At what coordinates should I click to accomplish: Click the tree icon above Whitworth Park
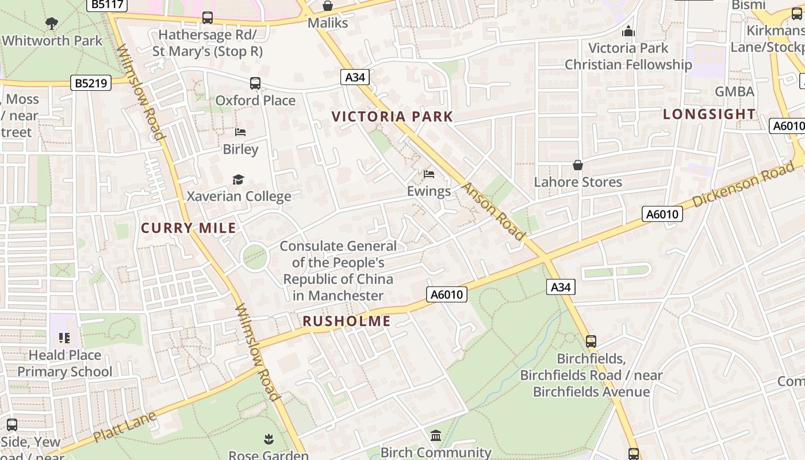click(x=52, y=23)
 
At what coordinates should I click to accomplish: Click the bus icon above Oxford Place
click(x=255, y=83)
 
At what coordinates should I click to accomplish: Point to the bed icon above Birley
click(x=240, y=132)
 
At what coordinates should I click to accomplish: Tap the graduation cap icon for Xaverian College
click(x=238, y=180)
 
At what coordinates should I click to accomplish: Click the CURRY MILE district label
click(x=189, y=228)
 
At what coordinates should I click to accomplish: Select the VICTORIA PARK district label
click(x=392, y=117)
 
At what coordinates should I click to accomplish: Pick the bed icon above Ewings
click(x=429, y=174)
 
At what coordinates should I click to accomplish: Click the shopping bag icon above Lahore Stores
click(x=578, y=166)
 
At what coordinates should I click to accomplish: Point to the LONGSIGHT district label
click(x=709, y=114)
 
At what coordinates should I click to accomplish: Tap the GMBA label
click(x=734, y=92)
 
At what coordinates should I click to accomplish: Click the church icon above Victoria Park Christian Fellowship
click(x=628, y=31)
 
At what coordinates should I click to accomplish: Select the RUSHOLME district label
click(x=346, y=321)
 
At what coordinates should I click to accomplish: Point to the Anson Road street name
click(x=493, y=212)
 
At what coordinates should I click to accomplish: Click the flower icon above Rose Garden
click(x=269, y=440)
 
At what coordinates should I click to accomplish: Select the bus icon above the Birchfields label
click(x=591, y=342)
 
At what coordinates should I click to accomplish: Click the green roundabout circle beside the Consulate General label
click(x=255, y=256)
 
